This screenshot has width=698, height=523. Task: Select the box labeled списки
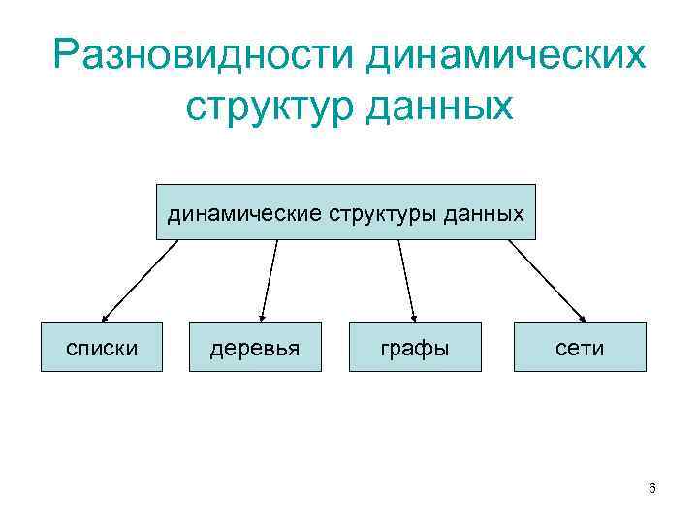coord(101,347)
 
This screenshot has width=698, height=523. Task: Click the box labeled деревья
coord(256,347)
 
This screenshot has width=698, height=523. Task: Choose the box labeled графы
coord(416,347)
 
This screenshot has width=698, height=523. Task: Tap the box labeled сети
coord(581,347)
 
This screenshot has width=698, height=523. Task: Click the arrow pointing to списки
coord(141,280)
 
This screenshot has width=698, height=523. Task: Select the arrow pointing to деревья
coord(270,280)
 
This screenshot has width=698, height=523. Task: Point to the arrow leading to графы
coord(406,280)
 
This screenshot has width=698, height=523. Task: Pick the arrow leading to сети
coord(547,280)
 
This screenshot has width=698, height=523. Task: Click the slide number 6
coord(652,489)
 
